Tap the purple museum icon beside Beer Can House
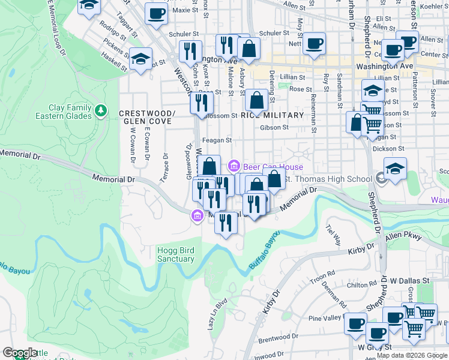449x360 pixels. (234, 165)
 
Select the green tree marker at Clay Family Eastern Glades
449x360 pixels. (101, 110)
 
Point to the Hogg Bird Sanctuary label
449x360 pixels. (176, 254)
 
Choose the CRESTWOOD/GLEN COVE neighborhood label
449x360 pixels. (147, 117)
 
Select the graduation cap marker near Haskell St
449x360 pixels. (141, 59)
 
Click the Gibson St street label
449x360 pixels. (274, 127)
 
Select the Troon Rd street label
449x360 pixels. (322, 278)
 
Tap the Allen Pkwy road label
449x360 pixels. (404, 237)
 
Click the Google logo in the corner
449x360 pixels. (20, 353)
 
